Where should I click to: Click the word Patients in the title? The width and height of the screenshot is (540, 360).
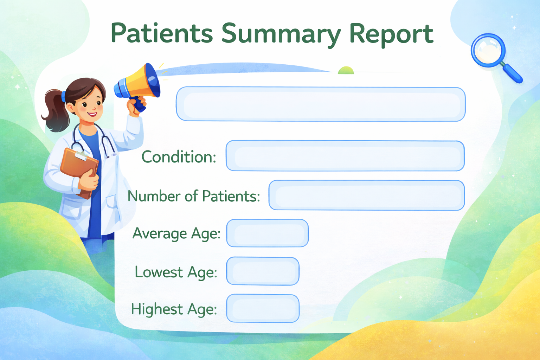(x=162, y=33)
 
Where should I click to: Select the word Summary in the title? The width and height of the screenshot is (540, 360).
(x=281, y=35)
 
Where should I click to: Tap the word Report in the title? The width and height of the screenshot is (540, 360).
(x=391, y=35)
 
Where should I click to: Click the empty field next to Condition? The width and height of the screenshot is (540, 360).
(x=345, y=156)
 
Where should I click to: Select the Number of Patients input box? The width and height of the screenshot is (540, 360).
(x=367, y=195)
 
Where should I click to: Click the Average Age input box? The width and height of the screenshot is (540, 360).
(x=267, y=233)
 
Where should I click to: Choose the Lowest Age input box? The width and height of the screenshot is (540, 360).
(x=263, y=271)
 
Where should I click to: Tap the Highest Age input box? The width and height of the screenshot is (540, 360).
(x=263, y=308)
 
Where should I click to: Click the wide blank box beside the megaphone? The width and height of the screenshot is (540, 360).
(x=321, y=104)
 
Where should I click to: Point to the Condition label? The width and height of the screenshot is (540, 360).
(x=179, y=157)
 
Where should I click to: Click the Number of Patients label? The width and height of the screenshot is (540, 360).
(x=194, y=196)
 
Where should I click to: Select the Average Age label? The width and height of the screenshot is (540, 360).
(x=176, y=234)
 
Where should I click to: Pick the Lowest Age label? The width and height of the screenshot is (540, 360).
(x=176, y=272)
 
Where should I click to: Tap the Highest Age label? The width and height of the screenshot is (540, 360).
(x=174, y=309)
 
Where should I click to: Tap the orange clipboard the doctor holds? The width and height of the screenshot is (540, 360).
(x=79, y=171)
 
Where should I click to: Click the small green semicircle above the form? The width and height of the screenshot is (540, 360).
(x=346, y=70)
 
